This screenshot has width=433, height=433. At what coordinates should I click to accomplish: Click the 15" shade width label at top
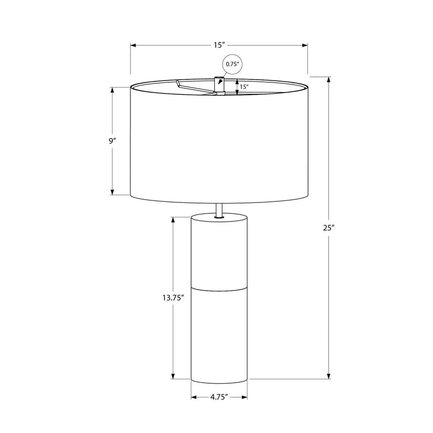coord(219,45)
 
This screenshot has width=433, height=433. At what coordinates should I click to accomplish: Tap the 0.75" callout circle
coord(232,64)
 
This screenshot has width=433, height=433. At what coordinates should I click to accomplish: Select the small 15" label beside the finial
coord(244,87)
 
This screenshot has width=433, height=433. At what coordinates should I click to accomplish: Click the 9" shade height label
coord(112,141)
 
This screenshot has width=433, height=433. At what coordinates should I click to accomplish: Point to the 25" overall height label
coord(329,228)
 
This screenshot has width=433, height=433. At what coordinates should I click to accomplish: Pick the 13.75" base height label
coord(173,298)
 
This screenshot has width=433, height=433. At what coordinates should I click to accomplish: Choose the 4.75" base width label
coord(219,397)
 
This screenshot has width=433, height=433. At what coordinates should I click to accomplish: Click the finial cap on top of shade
coord(219,84)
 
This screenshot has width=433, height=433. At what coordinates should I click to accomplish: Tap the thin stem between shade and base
coord(219,211)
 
